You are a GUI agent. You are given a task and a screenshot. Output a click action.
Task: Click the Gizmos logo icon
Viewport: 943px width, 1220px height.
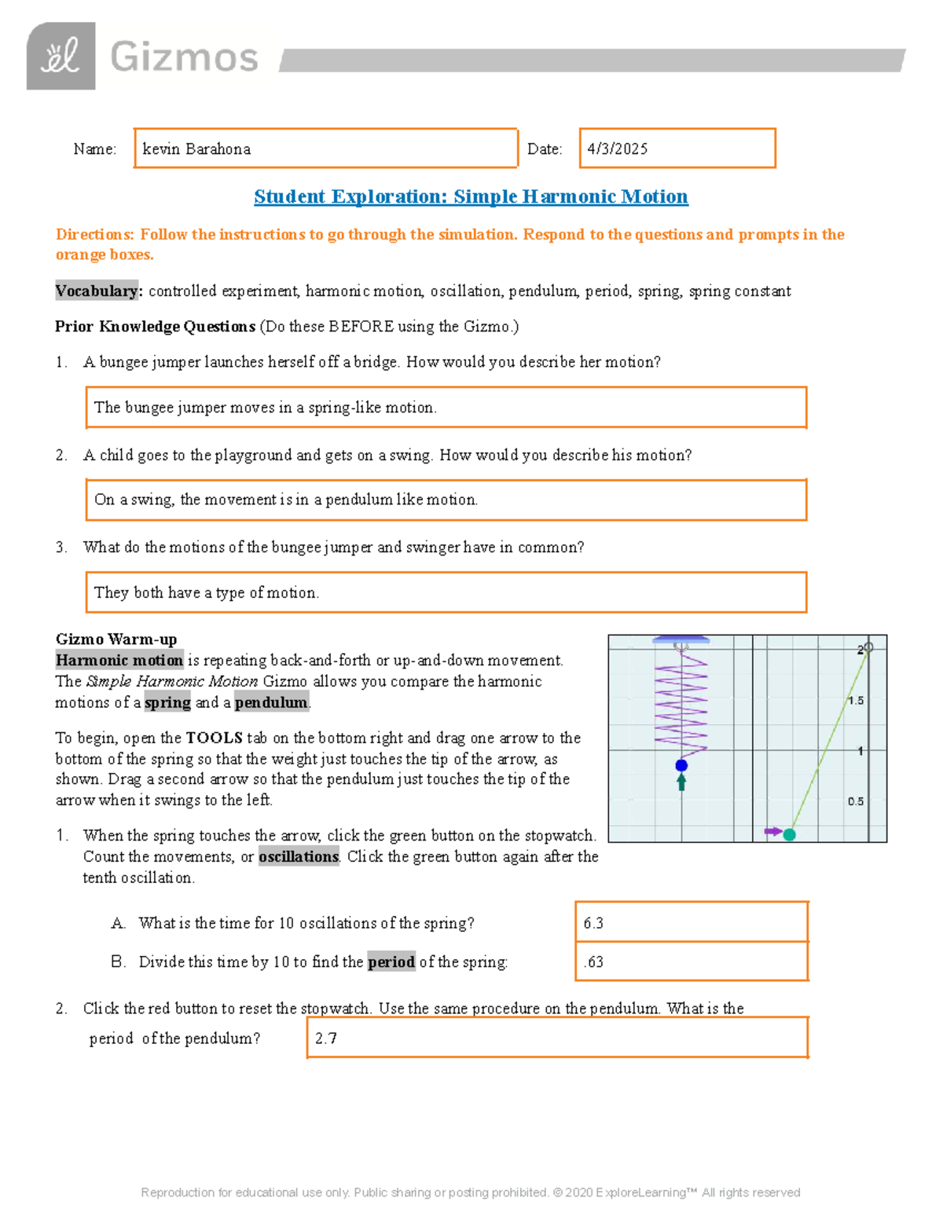(61, 56)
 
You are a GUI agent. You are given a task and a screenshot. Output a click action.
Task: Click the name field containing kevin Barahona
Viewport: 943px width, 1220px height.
(325, 148)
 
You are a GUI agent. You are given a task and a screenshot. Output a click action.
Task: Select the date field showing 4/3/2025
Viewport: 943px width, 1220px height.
(677, 148)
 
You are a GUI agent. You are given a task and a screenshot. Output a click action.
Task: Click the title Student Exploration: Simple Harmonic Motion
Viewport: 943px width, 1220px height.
(471, 196)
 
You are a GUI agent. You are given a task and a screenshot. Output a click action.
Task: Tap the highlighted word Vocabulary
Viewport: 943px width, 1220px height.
(97, 291)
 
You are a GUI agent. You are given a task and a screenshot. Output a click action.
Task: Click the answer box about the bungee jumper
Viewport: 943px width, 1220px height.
(446, 407)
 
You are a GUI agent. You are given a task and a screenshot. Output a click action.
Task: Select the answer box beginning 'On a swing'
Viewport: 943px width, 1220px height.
(446, 500)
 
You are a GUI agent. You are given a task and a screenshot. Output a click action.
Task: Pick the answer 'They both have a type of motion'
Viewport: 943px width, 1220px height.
(446, 592)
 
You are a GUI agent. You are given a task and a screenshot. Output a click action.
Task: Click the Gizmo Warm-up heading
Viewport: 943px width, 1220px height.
(116, 639)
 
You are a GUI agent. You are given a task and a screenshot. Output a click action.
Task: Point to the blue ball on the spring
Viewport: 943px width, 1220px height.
(681, 765)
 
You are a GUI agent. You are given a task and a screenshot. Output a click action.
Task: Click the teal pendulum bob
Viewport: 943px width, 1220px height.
(790, 834)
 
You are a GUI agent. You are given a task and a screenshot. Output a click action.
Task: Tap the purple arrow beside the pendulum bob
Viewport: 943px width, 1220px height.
(772, 831)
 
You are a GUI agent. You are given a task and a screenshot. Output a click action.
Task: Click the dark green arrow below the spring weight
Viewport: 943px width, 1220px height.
(681, 782)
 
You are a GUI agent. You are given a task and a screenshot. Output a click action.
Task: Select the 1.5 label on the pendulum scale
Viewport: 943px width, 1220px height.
(855, 700)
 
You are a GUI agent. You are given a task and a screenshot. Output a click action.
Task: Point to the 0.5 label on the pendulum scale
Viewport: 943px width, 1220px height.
(855, 801)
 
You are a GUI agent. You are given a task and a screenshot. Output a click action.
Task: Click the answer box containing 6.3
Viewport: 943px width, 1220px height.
(691, 922)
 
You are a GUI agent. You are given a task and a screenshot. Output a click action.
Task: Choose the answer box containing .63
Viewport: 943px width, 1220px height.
(691, 962)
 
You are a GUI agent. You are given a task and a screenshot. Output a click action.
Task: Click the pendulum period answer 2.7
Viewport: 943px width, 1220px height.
(556, 1038)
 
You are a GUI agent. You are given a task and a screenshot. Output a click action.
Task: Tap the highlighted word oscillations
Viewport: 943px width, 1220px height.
(299, 856)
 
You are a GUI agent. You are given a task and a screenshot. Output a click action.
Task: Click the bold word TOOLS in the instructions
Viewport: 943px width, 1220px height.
(214, 738)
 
